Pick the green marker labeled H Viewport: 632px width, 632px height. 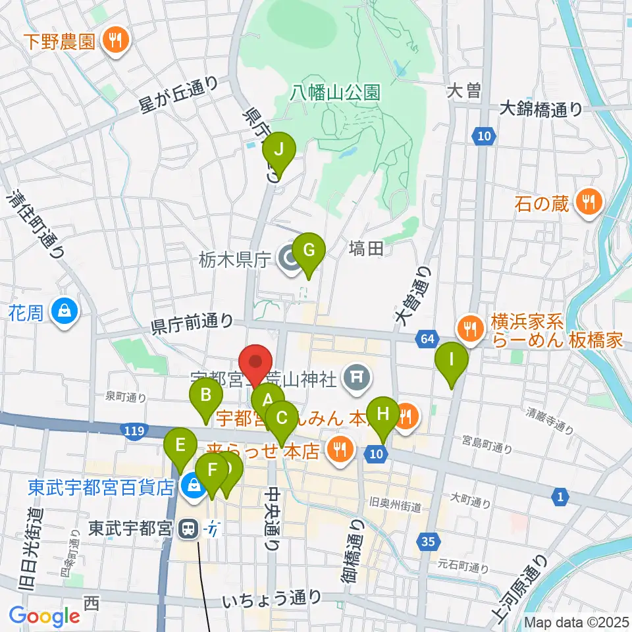pos(382,415)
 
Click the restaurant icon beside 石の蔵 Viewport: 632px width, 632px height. pos(587,200)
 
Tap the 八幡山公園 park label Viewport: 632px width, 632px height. pos(336,92)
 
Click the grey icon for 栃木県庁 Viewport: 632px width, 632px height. pos(288,260)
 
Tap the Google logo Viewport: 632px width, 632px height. pos(45,616)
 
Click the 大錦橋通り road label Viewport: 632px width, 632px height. pos(541,109)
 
